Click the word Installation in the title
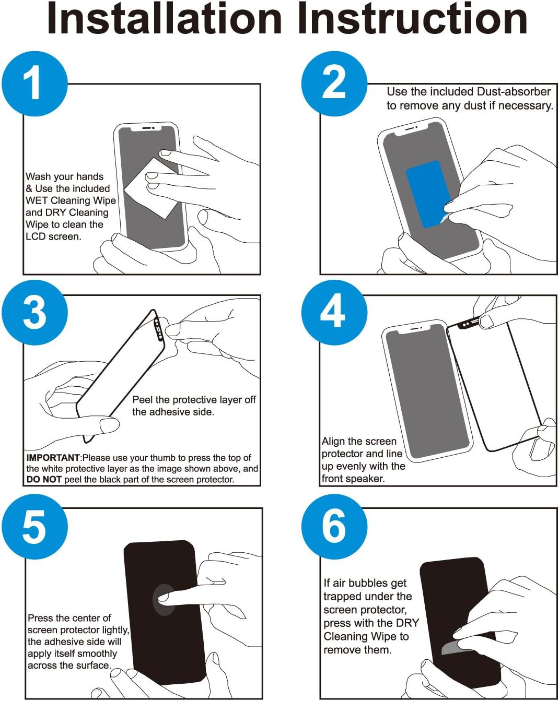(x=165, y=19)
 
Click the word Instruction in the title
(x=413, y=19)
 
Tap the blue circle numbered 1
(x=34, y=84)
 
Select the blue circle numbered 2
(x=334, y=84)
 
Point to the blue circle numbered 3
(x=34, y=312)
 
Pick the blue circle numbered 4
(x=334, y=312)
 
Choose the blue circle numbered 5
(x=34, y=527)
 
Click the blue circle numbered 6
(x=334, y=527)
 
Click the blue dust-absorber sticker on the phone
(x=428, y=194)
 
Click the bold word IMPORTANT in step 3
(x=53, y=458)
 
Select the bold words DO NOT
(x=44, y=480)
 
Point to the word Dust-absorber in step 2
(x=514, y=91)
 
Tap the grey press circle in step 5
(x=163, y=600)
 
